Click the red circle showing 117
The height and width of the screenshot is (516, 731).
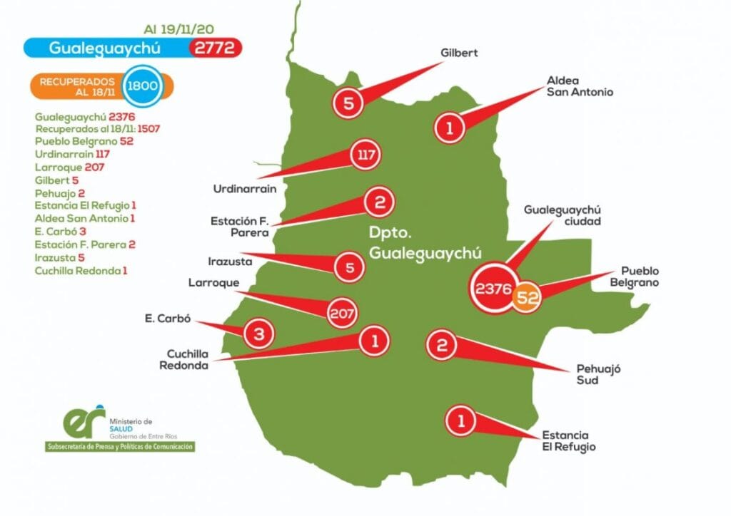click(x=365, y=154)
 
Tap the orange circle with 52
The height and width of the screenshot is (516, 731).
click(x=527, y=297)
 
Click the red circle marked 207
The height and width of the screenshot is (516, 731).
click(x=342, y=311)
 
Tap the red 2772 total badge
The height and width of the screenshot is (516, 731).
click(x=216, y=48)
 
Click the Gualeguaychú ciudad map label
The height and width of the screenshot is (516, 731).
click(x=563, y=215)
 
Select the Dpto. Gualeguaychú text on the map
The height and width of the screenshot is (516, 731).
click(x=425, y=243)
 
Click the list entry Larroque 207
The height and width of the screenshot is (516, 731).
click(x=69, y=167)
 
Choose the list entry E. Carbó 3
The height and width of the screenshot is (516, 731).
click(x=61, y=232)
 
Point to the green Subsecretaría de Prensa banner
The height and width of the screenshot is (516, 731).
click(x=119, y=446)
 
